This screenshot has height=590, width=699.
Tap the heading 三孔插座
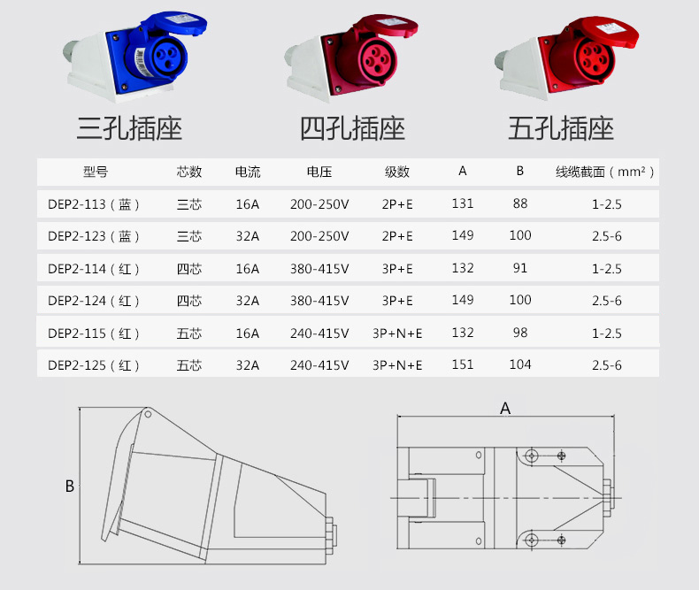click(129, 129)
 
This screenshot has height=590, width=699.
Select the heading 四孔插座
click(352, 129)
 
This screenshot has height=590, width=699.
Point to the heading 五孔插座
click(561, 129)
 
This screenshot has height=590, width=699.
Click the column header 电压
click(319, 172)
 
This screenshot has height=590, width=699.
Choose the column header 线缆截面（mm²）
click(606, 172)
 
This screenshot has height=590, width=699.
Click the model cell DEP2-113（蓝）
click(94, 204)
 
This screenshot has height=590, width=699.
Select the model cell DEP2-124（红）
click(94, 301)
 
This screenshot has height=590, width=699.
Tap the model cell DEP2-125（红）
click(94, 365)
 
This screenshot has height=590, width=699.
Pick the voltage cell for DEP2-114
click(319, 269)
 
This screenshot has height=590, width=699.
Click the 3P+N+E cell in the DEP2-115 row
click(397, 333)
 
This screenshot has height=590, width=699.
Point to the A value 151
click(463, 364)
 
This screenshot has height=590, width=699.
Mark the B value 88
click(520, 203)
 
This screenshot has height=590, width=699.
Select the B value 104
click(520, 364)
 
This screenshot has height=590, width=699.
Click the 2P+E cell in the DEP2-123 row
click(397, 236)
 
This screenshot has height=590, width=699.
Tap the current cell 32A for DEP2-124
click(248, 301)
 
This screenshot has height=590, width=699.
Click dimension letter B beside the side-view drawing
click(69, 487)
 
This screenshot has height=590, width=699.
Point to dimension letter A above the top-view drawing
click(505, 409)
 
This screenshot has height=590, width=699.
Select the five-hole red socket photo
click(563, 58)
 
